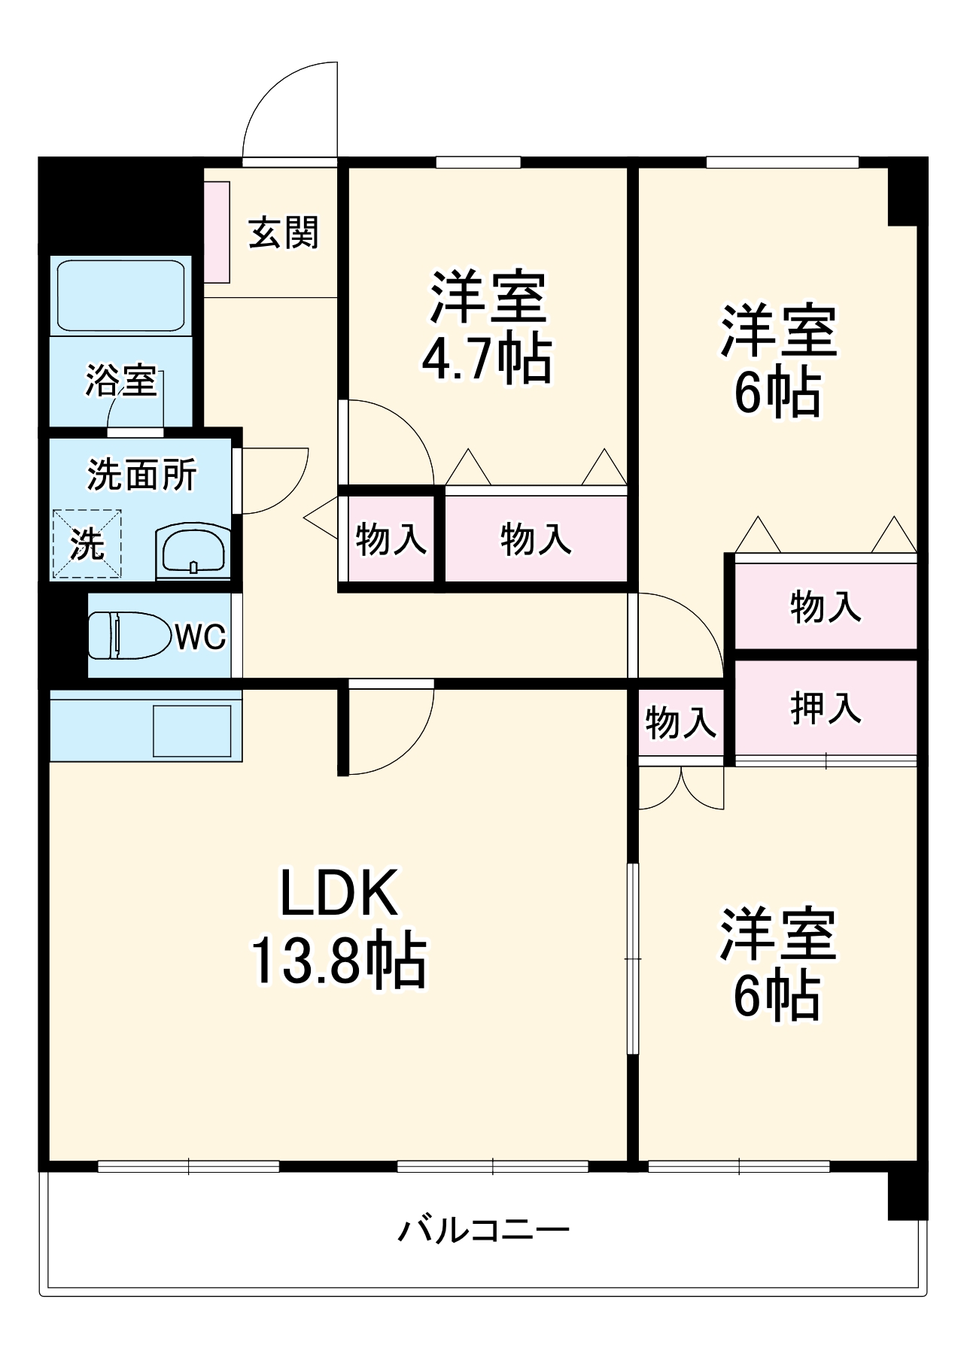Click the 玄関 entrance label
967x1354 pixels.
(284, 232)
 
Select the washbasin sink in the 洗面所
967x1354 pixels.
(193, 551)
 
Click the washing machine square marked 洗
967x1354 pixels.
(87, 545)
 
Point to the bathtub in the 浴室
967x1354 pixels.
(121, 296)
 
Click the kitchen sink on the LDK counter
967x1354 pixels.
(193, 730)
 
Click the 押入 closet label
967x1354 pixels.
(826, 708)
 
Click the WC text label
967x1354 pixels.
(200, 637)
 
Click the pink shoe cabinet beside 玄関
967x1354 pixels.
(217, 232)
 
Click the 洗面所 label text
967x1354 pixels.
(141, 475)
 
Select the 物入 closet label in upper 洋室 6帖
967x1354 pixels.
(826, 606)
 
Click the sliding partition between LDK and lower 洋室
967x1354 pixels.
(633, 959)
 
